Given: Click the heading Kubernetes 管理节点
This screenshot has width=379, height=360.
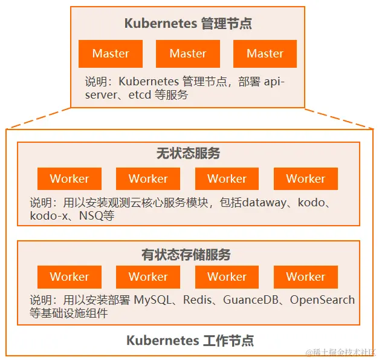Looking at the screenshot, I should [x=187, y=24].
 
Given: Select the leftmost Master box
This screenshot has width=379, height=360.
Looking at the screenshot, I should [x=111, y=54].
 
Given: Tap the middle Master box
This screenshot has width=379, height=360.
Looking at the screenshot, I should [x=187, y=54].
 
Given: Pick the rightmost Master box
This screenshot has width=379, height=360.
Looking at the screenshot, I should [x=265, y=54].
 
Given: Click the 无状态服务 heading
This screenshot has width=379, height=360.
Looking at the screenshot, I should [x=188, y=154].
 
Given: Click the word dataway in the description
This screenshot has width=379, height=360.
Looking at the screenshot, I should [x=262, y=203].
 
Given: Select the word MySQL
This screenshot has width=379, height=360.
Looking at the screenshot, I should [x=155, y=300].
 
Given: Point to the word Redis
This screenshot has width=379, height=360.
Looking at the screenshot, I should [x=198, y=300].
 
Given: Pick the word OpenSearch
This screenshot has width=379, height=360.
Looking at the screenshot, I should [x=322, y=300].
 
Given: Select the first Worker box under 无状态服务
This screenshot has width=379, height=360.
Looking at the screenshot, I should [x=69, y=179].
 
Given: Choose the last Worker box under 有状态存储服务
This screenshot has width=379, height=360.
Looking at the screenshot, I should [x=305, y=277].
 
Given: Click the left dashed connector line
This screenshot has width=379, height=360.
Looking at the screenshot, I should [x=39, y=119].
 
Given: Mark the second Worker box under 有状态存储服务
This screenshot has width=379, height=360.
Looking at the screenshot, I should [x=148, y=277].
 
